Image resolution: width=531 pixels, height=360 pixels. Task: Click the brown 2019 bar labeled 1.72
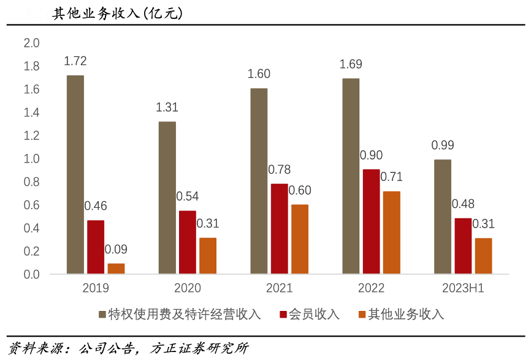click(75, 175)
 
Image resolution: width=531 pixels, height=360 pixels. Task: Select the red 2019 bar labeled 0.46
click(96, 247)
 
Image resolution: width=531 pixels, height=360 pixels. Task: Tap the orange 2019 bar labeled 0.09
click(116, 269)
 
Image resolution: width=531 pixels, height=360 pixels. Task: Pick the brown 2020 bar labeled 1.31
click(167, 197)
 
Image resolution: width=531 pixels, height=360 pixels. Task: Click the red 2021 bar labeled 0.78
click(280, 229)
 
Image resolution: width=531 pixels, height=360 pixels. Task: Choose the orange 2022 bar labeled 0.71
click(392, 232)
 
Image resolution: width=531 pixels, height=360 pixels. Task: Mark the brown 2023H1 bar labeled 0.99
click(443, 216)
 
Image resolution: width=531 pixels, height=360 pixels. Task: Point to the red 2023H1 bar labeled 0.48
click(463, 246)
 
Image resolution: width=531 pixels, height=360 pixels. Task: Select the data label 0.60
click(300, 190)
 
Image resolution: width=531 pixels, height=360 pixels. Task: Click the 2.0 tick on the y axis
click(31, 44)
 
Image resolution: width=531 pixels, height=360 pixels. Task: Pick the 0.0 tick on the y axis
click(31, 274)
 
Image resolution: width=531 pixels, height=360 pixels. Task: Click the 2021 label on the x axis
click(280, 288)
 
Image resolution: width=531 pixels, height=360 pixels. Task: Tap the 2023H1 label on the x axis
click(463, 288)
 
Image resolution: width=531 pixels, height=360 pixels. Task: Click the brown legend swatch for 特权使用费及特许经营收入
click(102, 315)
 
